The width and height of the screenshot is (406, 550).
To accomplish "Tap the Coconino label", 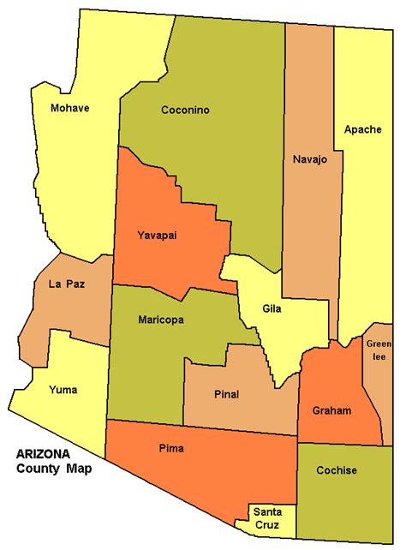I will click(x=185, y=111).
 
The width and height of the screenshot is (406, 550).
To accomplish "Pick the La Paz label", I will click(x=66, y=283).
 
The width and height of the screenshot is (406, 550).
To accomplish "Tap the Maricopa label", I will click(x=161, y=320).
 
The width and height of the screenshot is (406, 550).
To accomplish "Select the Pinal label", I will click(x=224, y=394).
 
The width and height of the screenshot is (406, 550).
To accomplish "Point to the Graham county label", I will click(x=331, y=411).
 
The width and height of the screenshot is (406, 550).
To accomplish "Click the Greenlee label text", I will click(x=378, y=350).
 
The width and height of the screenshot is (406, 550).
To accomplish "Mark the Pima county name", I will click(x=171, y=448).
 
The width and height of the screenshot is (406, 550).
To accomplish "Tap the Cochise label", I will click(x=337, y=470).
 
